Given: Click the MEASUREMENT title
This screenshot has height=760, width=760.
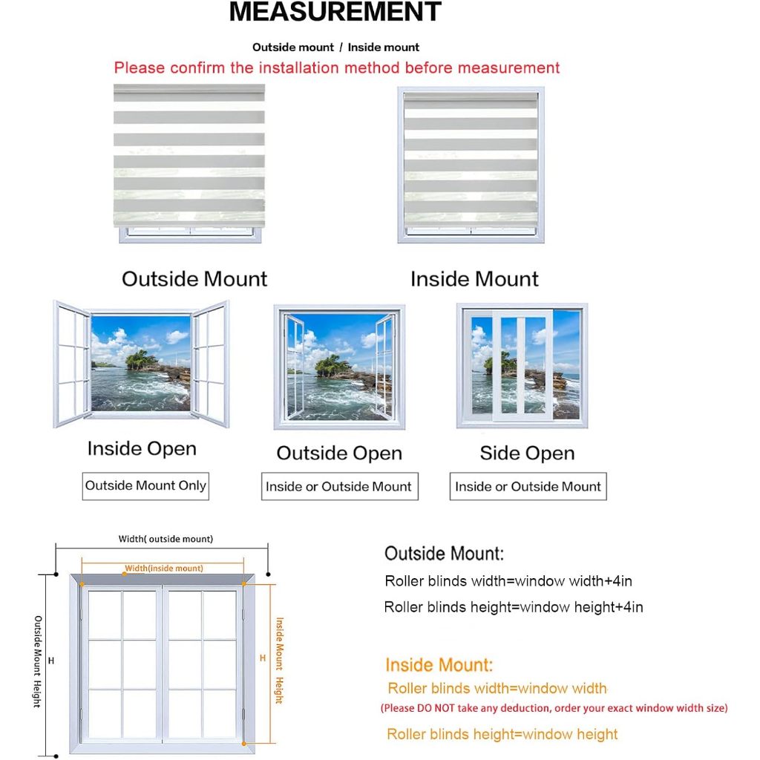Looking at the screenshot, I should click(335, 13).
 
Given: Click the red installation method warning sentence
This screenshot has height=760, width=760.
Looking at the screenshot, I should click(336, 68).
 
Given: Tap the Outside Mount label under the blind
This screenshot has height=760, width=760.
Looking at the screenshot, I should click(194, 279).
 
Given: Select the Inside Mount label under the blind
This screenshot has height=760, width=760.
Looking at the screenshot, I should click(474, 279).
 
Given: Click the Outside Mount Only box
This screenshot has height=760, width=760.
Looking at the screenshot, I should click(145, 486).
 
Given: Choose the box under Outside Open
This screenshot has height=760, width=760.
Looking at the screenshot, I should click(339, 487).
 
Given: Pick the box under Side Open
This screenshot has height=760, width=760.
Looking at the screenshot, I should click(528, 487).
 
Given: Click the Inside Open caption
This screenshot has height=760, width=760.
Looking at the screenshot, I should click(142, 449).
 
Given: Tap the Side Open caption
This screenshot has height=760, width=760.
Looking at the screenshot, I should click(527, 453).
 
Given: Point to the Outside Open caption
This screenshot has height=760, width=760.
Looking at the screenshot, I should click(339, 453).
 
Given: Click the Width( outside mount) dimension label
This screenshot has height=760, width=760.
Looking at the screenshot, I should click(166, 539).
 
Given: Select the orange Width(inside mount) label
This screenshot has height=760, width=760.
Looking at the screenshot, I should click(163, 569).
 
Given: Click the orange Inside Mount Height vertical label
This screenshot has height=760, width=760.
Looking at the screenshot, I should click(280, 661).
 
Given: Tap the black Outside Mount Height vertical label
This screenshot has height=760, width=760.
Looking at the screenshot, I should click(37, 661).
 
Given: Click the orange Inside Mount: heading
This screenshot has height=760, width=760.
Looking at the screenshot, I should click(439, 665).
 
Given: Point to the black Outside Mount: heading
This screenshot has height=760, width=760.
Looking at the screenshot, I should click(444, 554).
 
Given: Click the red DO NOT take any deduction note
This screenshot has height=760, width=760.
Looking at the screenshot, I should click(554, 708).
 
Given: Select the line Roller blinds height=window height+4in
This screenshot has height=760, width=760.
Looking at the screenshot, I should click(513, 607).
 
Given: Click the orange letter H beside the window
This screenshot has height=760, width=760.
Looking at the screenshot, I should click(262, 658).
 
